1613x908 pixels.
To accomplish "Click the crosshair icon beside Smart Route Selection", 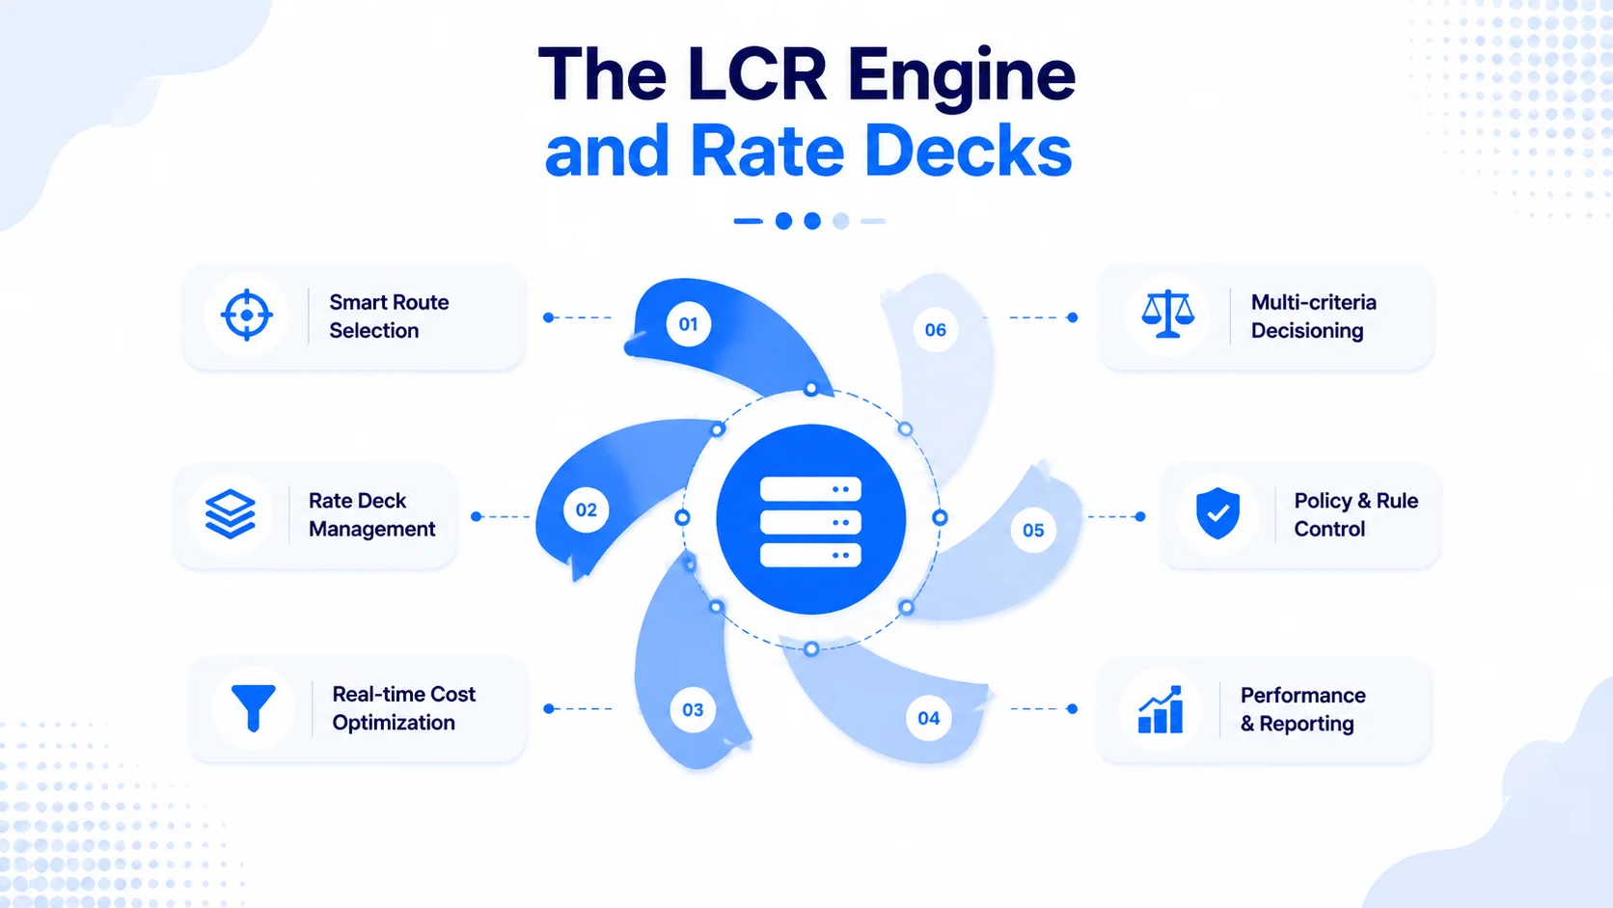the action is coord(246,315).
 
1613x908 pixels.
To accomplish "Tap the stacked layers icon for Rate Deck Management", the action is coord(231,514).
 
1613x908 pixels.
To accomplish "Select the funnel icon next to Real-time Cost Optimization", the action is coord(253,708).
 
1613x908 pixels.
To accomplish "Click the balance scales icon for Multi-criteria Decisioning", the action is coord(1168,314).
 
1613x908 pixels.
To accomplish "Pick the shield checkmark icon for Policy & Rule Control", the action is coord(1217,512).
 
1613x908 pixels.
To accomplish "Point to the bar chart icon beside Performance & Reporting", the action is coord(1160,709).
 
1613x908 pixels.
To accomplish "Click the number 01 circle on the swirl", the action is coord(689,324).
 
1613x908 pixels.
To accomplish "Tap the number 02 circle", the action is coord(587,509).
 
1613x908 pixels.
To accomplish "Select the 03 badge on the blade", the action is coord(693,710).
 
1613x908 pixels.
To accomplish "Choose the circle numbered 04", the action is coord(929,718).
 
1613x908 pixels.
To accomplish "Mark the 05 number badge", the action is coord(1033,530).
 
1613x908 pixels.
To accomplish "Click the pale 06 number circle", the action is coord(936,330).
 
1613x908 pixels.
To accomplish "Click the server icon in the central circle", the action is coord(810,521).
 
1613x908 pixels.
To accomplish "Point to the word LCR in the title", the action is coord(756,75).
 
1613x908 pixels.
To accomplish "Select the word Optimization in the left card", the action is coord(394,723).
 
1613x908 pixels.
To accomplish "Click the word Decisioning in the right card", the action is coord(1307,331).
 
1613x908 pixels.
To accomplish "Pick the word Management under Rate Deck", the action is coord(371,529).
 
